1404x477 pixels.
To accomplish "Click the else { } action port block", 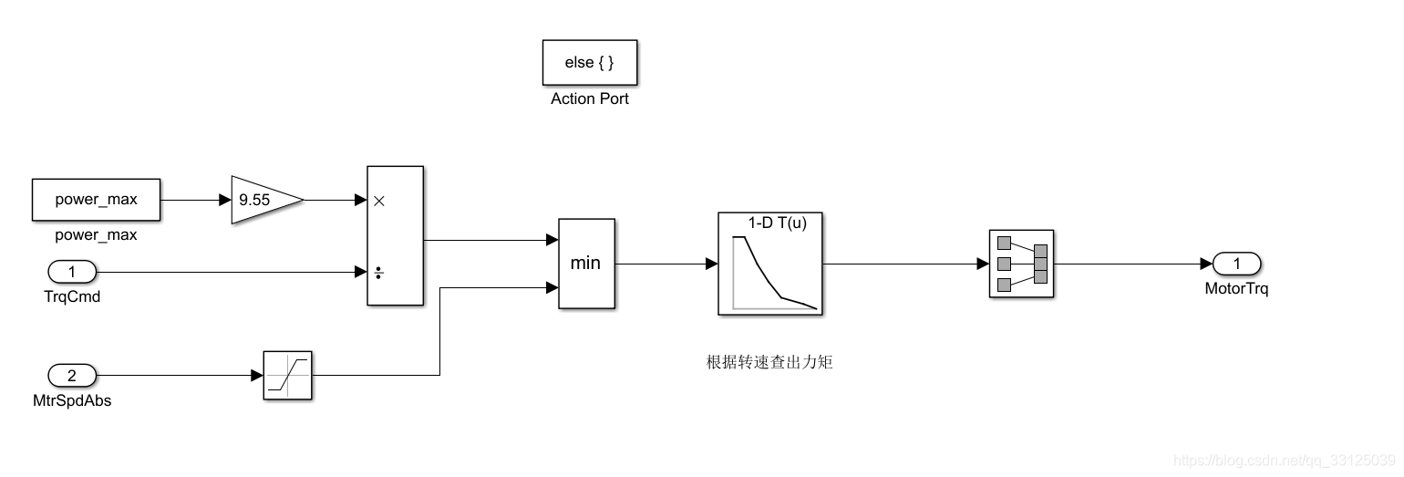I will (x=589, y=62).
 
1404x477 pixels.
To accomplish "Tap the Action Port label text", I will (x=589, y=99).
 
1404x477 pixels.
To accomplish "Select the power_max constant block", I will (x=97, y=200).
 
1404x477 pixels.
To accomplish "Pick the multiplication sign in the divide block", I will (x=379, y=201).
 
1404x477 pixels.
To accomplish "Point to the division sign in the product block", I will (x=379, y=272).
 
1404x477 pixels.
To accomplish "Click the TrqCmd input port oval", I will (x=71, y=271).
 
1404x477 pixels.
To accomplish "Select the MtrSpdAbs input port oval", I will (x=71, y=375).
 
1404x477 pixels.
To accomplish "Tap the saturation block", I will (x=287, y=375).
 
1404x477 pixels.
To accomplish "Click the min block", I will (x=586, y=264).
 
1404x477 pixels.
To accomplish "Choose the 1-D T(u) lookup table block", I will (x=770, y=264).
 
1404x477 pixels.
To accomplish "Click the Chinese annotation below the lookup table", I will (x=770, y=363).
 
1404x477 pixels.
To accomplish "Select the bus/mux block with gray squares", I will (x=1021, y=264).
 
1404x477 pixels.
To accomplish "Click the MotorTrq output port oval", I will (x=1236, y=264).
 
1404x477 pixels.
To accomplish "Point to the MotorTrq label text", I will (x=1236, y=289).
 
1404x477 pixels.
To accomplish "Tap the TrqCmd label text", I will (x=71, y=296).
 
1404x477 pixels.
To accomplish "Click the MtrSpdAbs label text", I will (x=71, y=400).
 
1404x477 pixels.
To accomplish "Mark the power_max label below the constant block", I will (x=97, y=234).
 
